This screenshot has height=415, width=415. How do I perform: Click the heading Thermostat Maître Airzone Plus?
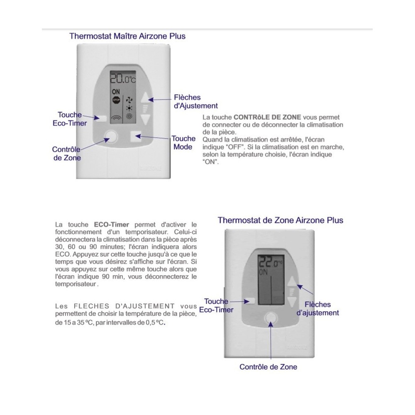click(127, 36)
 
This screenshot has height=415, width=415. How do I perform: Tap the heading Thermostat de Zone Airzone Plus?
click(280, 220)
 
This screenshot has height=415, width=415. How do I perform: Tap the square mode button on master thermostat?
click(136, 137)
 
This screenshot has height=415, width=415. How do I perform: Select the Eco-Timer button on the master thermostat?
click(101, 118)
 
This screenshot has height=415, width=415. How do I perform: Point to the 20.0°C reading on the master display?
click(123, 78)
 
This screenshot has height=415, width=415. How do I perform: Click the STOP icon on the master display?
click(116, 100)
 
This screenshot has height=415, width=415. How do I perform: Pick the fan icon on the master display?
click(129, 100)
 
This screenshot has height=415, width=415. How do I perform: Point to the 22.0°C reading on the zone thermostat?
click(270, 262)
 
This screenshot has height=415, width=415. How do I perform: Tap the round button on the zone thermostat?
click(271, 317)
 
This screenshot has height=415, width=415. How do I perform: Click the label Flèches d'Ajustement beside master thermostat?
click(195, 102)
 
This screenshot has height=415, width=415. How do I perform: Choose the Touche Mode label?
click(183, 143)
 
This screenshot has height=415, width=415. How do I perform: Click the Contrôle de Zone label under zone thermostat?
click(268, 367)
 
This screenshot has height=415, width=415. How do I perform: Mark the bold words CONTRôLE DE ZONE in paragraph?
click(267, 117)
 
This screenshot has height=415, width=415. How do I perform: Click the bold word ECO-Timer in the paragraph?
click(111, 225)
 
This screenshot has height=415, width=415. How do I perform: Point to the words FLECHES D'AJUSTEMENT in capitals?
click(124, 306)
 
